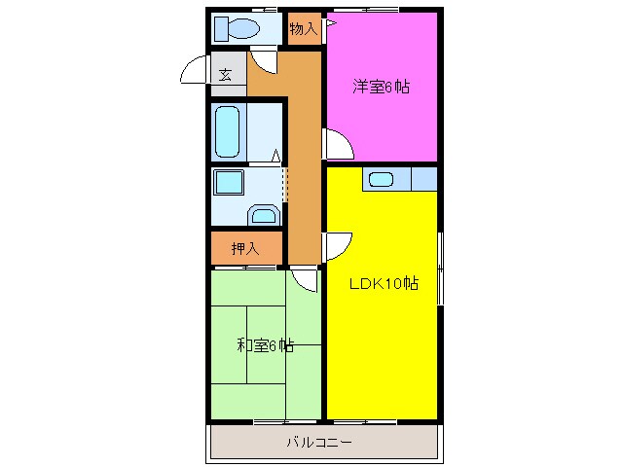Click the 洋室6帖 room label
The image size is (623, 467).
tap(381, 87)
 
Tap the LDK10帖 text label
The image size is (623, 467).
tap(385, 284)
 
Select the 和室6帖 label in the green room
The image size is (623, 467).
tap(265, 345)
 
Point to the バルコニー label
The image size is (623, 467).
tap(318, 443)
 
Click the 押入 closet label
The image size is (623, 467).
tap(245, 249)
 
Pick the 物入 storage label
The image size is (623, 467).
tap(303, 29)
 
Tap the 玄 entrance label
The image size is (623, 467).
tap(225, 75)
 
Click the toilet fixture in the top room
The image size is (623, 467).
tap(234, 29)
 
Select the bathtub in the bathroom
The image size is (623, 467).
tap(227, 131)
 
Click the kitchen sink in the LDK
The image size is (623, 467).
tap(380, 179)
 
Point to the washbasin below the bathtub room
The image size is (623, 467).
tap(263, 214)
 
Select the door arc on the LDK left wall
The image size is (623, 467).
tap(338, 245)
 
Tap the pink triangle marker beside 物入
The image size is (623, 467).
tap(330, 21)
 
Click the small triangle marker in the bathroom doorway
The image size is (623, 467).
tap(276, 155)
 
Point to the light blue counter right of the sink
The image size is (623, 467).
tap(423, 179)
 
